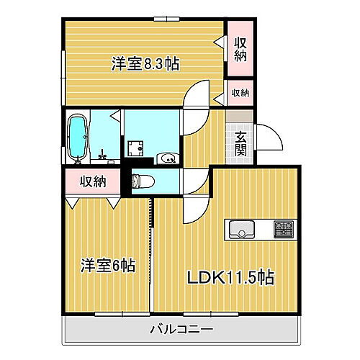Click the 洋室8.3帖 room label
click(x=145, y=64)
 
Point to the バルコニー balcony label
click(x=181, y=330)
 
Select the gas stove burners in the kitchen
click(x=282, y=230)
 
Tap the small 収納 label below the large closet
click(x=240, y=92)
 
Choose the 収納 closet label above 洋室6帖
click(x=94, y=181)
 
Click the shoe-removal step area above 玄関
click(x=240, y=116)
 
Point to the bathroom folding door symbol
click(x=114, y=115)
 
